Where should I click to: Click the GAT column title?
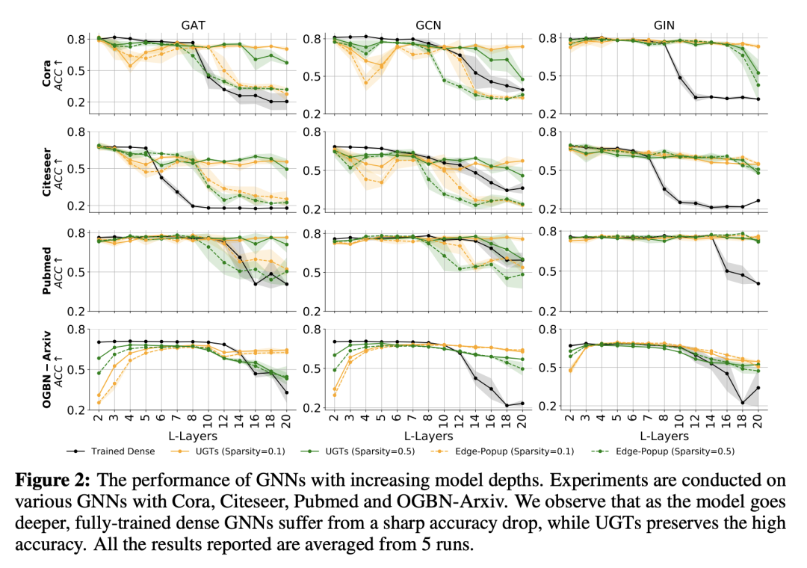tap(193, 24)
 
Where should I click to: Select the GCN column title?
tap(427, 24)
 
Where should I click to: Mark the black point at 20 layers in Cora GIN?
tap(758, 99)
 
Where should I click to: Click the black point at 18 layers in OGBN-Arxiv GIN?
tap(742, 403)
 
